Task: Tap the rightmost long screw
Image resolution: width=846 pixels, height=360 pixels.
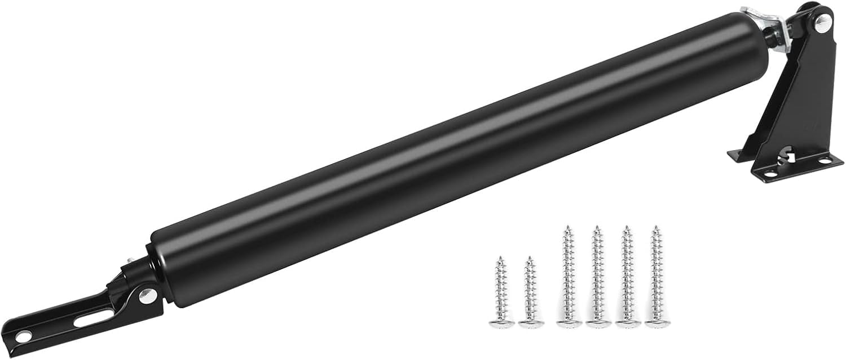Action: (654, 276)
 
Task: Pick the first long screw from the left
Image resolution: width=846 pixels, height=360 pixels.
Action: (566, 276)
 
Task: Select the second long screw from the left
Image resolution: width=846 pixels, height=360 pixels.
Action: (595, 276)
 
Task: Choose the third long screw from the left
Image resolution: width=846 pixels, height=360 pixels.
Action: (625, 276)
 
